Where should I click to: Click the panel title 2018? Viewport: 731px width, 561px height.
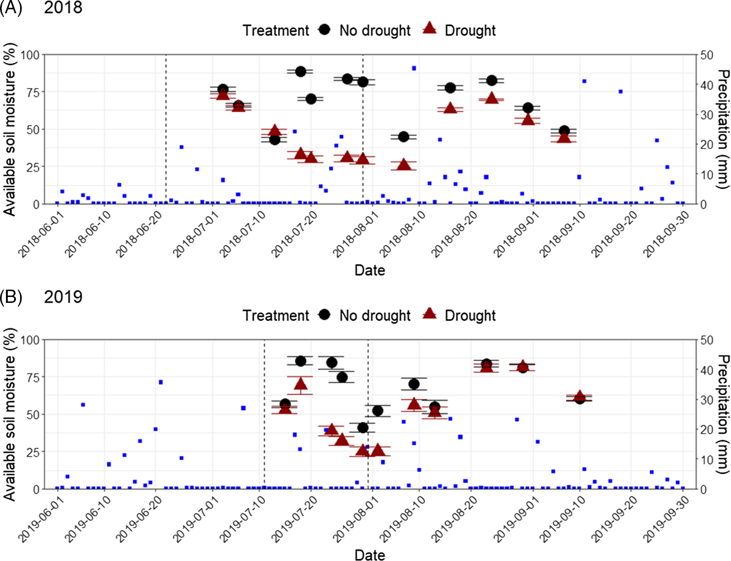(63, 8)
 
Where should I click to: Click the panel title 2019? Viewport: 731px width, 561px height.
(63, 297)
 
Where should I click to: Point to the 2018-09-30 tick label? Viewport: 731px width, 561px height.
(666, 233)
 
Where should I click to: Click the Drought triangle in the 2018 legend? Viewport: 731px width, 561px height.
(429, 28)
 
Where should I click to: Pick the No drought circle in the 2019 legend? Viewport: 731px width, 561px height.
(325, 314)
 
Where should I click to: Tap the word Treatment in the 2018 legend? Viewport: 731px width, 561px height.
(276, 31)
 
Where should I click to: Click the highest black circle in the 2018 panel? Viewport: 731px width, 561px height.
(300, 71)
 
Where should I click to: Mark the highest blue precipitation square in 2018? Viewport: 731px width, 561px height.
(414, 68)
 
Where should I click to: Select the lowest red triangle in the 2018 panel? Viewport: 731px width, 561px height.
(404, 164)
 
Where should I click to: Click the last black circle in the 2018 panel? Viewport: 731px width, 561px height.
(564, 131)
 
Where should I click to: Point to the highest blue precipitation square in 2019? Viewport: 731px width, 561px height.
(160, 382)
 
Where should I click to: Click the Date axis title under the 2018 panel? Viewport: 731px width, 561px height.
(370, 270)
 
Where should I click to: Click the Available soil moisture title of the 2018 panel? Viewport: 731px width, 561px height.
(10, 129)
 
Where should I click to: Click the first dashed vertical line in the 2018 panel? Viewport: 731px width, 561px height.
(165, 128)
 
